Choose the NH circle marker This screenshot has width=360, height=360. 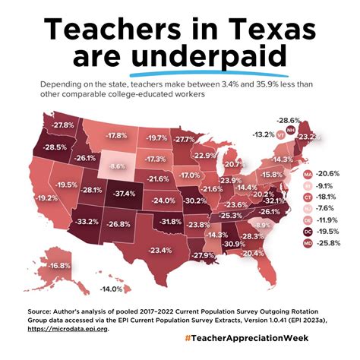pyautogui.click(x=291, y=131)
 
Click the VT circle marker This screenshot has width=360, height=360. pyautogui.click(x=281, y=134)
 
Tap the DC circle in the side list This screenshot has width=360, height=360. pyautogui.click(x=308, y=231)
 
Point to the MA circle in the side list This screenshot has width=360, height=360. pyautogui.click(x=308, y=173)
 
